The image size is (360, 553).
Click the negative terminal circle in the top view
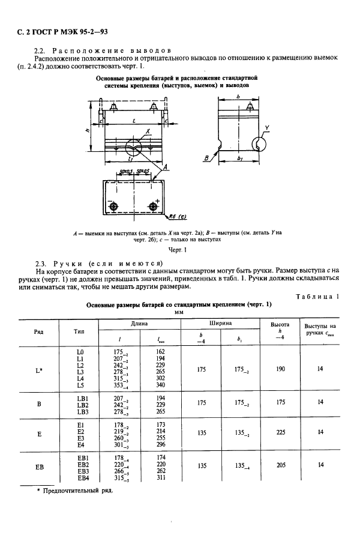113,207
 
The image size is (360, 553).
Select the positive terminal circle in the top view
154,207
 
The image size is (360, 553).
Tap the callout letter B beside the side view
206,159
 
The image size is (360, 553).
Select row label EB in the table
39,465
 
